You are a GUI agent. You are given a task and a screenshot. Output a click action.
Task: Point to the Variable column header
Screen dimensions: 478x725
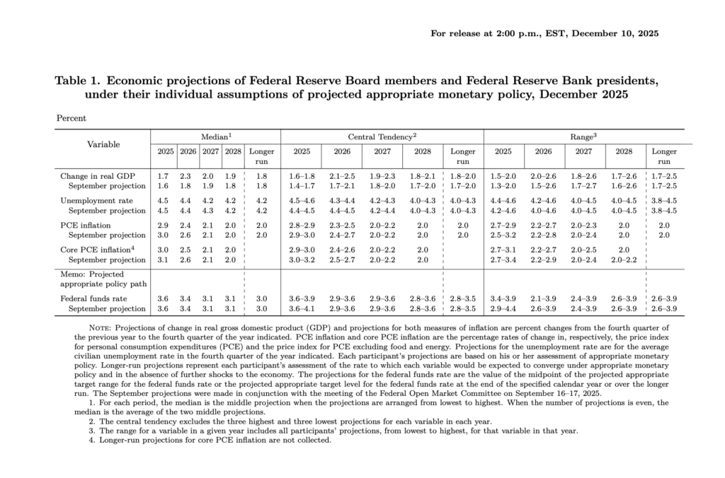(x=103, y=144)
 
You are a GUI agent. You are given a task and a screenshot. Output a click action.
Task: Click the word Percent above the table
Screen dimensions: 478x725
(x=72, y=118)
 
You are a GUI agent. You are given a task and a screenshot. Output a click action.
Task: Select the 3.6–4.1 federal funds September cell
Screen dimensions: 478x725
(x=302, y=309)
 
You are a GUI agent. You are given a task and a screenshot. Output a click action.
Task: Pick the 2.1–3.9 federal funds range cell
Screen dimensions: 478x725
(x=544, y=299)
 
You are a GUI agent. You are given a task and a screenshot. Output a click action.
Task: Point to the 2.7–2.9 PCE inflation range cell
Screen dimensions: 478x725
(x=503, y=225)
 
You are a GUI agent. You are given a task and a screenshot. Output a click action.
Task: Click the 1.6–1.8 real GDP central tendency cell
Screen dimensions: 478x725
(x=302, y=175)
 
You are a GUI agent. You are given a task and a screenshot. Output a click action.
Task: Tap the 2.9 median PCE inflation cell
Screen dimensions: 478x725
(x=163, y=225)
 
